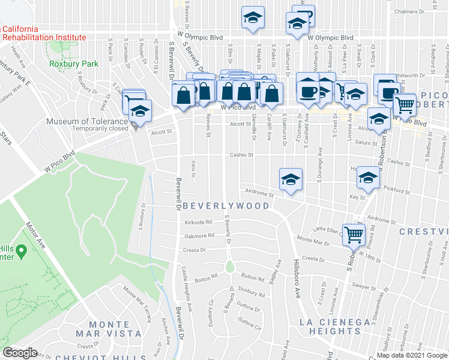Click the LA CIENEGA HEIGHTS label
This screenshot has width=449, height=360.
pos(336,326)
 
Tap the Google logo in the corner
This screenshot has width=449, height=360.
pos(20,353)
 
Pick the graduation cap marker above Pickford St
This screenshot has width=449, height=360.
pos(369,178)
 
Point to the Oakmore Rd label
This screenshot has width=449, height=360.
pos(200,236)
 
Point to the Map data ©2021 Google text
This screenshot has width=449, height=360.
pos(412,355)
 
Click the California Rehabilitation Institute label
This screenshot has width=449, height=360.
pos(43,33)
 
